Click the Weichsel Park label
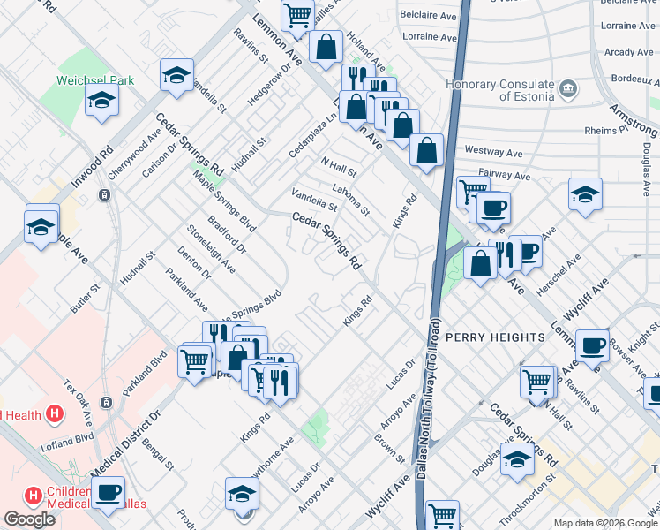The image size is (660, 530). (x=95, y=79)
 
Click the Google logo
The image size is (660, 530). (x=29, y=519)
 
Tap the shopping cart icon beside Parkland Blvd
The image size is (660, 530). (x=194, y=360)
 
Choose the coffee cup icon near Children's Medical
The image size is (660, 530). (x=109, y=493)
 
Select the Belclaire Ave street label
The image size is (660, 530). (x=428, y=15)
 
